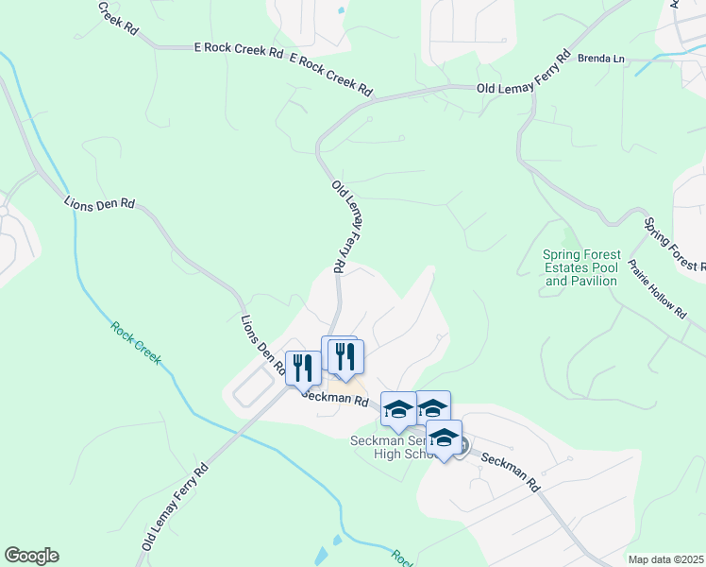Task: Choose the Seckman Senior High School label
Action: tap(389, 447)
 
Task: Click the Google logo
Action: tap(31, 556)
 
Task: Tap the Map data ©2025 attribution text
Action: tap(664, 559)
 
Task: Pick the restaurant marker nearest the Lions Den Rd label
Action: tap(303, 369)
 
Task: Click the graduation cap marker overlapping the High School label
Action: tap(444, 438)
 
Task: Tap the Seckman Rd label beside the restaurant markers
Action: tap(335, 398)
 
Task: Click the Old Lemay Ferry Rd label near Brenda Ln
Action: tap(525, 75)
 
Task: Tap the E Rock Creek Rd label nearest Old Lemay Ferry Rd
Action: tap(330, 75)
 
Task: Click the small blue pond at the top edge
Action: tap(341, 10)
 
